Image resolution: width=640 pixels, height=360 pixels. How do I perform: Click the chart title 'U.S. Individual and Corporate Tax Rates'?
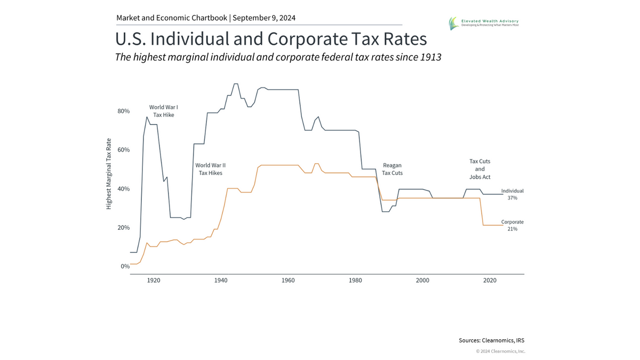pyautogui.click(x=271, y=39)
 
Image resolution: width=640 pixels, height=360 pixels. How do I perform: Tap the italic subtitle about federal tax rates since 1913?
pyautogui.click(x=278, y=57)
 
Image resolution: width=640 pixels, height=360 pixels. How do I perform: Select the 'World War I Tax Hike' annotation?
pyautogui.click(x=163, y=111)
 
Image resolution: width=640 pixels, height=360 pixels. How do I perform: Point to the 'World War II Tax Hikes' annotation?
pyautogui.click(x=209, y=169)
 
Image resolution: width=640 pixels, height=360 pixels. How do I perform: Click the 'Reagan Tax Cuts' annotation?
pyautogui.click(x=393, y=169)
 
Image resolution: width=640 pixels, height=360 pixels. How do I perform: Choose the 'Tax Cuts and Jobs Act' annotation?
pyautogui.click(x=479, y=169)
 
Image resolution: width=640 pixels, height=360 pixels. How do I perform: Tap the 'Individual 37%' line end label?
pyautogui.click(x=512, y=194)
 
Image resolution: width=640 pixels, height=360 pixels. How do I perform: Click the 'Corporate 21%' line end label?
pyautogui.click(x=512, y=225)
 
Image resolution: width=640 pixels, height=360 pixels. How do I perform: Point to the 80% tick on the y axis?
pyautogui.click(x=123, y=111)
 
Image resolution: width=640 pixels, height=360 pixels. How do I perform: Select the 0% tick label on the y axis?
pyautogui.click(x=125, y=266)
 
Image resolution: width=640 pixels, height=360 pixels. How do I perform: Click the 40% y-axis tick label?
pyautogui.click(x=123, y=189)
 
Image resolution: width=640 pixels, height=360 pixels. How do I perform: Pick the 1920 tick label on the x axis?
pyautogui.click(x=154, y=280)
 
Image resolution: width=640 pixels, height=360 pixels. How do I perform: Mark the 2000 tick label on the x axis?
pyautogui.click(x=422, y=280)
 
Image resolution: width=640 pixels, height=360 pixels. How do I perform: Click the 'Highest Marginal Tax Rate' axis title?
pyautogui.click(x=109, y=174)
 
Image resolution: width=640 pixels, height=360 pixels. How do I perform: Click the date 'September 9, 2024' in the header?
pyautogui.click(x=264, y=18)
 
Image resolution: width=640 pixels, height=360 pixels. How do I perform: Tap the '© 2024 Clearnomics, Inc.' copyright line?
pyautogui.click(x=500, y=351)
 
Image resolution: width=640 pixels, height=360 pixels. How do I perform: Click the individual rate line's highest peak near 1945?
pyautogui.click(x=236, y=84)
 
